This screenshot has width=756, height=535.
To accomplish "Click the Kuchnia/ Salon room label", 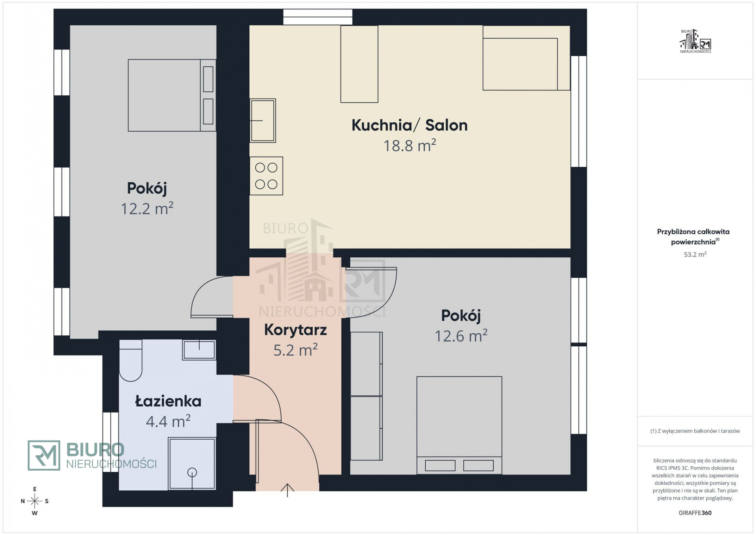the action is click(x=409, y=125).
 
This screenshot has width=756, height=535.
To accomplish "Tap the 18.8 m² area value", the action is click(x=410, y=146).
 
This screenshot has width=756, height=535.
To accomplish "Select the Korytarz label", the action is click(x=295, y=330).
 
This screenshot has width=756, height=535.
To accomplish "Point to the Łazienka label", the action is click(x=168, y=401).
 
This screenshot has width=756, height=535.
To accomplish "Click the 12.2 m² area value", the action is click(x=147, y=208).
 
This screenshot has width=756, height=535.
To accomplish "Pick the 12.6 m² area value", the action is click(x=461, y=336).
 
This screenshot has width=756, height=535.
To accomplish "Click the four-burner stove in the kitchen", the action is click(x=266, y=176).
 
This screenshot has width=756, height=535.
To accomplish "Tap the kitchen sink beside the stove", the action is click(x=263, y=120).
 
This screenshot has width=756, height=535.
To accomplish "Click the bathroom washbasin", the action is click(x=199, y=350).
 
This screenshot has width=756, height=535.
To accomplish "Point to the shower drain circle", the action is click(x=192, y=473).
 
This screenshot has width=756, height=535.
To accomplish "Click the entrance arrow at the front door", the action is click(x=288, y=490).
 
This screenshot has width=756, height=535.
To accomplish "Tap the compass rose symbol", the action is click(x=35, y=501).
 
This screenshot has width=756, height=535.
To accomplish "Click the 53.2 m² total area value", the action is click(x=695, y=255).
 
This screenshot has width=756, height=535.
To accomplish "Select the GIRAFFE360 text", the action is click(x=695, y=513).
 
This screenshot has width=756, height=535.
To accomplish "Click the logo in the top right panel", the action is click(x=695, y=41).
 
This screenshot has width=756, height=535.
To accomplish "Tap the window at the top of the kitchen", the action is click(x=318, y=17).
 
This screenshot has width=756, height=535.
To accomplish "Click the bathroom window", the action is click(x=111, y=442).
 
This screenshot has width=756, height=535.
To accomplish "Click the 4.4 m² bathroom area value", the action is click(x=168, y=422).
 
